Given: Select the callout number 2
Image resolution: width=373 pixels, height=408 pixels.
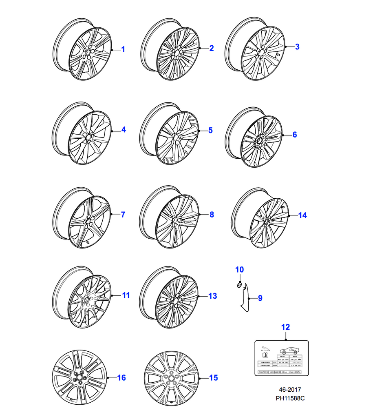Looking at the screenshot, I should coord(211,49).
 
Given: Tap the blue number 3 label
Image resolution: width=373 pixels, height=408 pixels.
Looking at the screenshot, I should coord(297,47).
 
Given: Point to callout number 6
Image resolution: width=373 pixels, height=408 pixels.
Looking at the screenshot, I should coord(295,134).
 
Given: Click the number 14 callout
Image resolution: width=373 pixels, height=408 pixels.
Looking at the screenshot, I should coord(302,215).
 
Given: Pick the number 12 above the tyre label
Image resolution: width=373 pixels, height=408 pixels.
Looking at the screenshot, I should coord(286,327).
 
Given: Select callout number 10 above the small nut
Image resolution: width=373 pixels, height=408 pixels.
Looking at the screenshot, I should coord(239,270).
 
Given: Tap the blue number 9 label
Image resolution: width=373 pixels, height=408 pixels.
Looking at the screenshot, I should coord(260,298).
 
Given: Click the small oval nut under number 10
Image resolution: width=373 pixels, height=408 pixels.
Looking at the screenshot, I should coord(239,285).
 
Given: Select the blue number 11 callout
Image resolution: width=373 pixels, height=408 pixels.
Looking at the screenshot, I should coord(126,295).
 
